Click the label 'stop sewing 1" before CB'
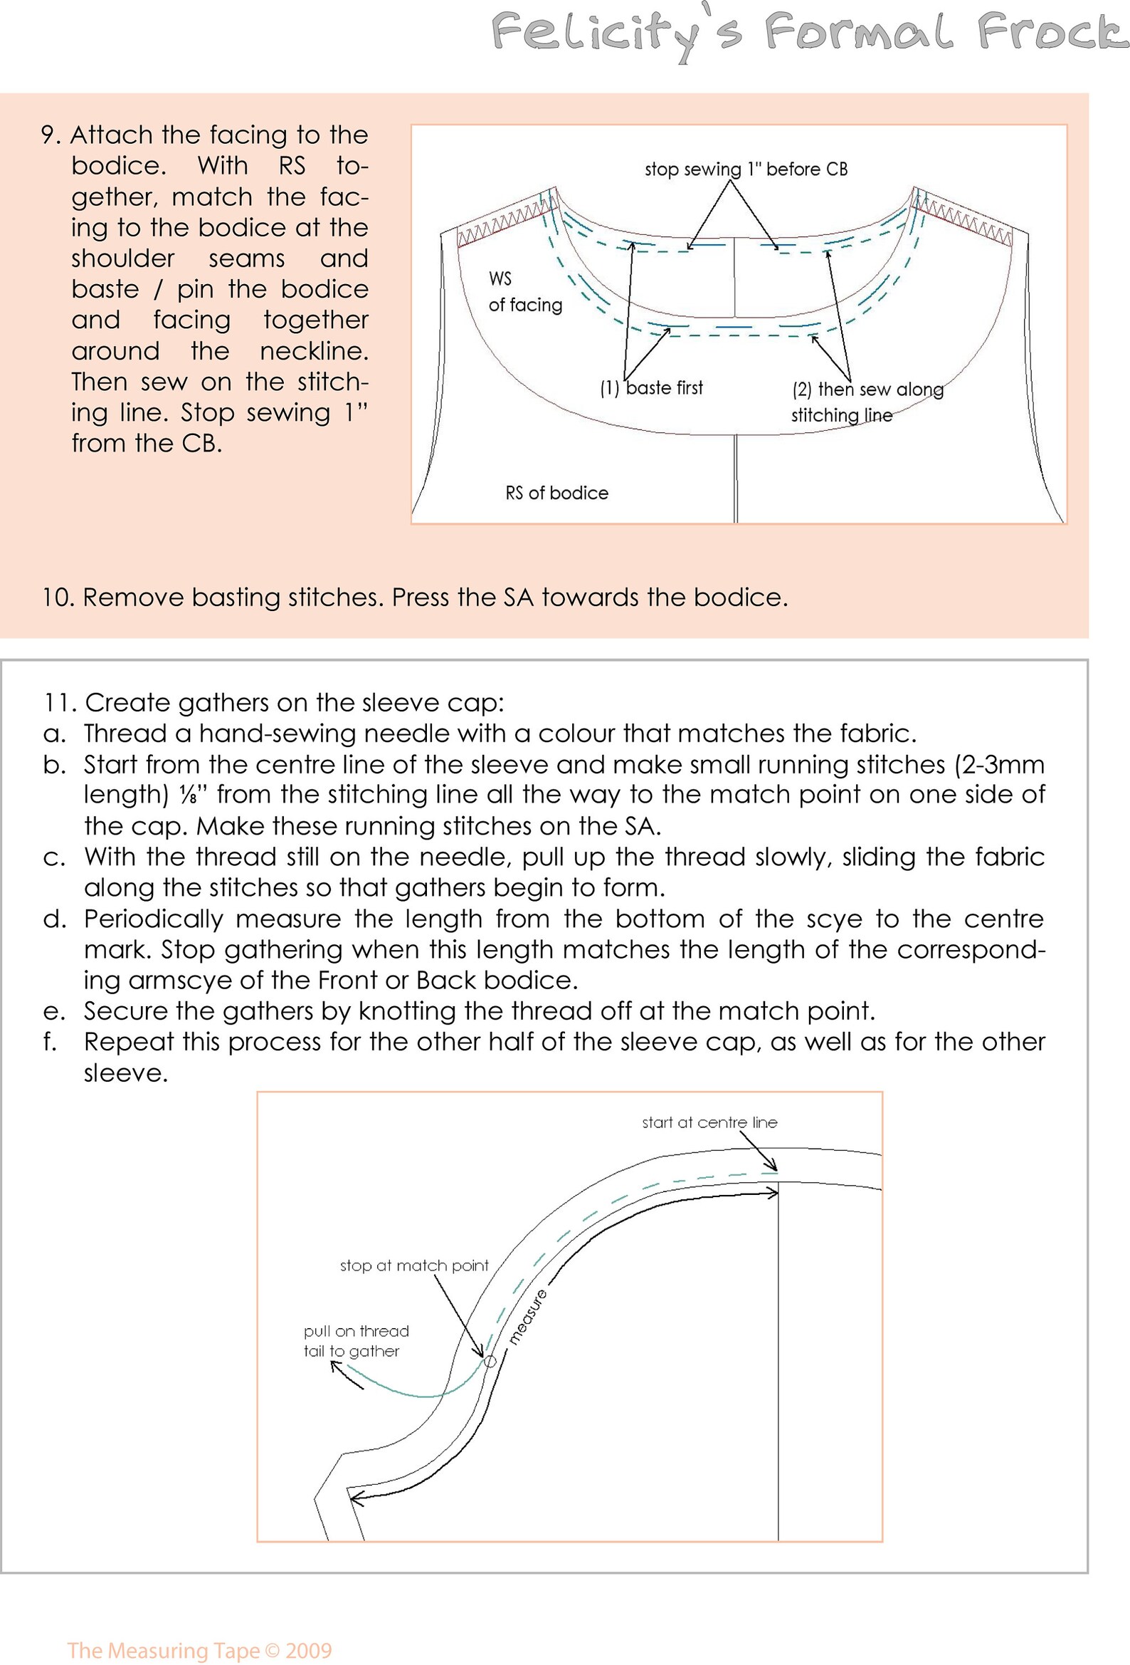(x=746, y=169)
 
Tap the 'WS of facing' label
(x=524, y=291)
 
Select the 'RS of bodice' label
(x=556, y=493)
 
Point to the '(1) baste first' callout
(x=651, y=387)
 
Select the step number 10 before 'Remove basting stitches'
(x=59, y=597)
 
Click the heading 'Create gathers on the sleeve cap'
(x=294, y=702)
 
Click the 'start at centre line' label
(x=709, y=1122)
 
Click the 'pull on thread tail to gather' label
(x=356, y=1340)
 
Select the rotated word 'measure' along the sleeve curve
(x=528, y=1315)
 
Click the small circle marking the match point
(x=489, y=1360)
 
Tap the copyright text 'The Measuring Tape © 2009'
(x=200, y=1651)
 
